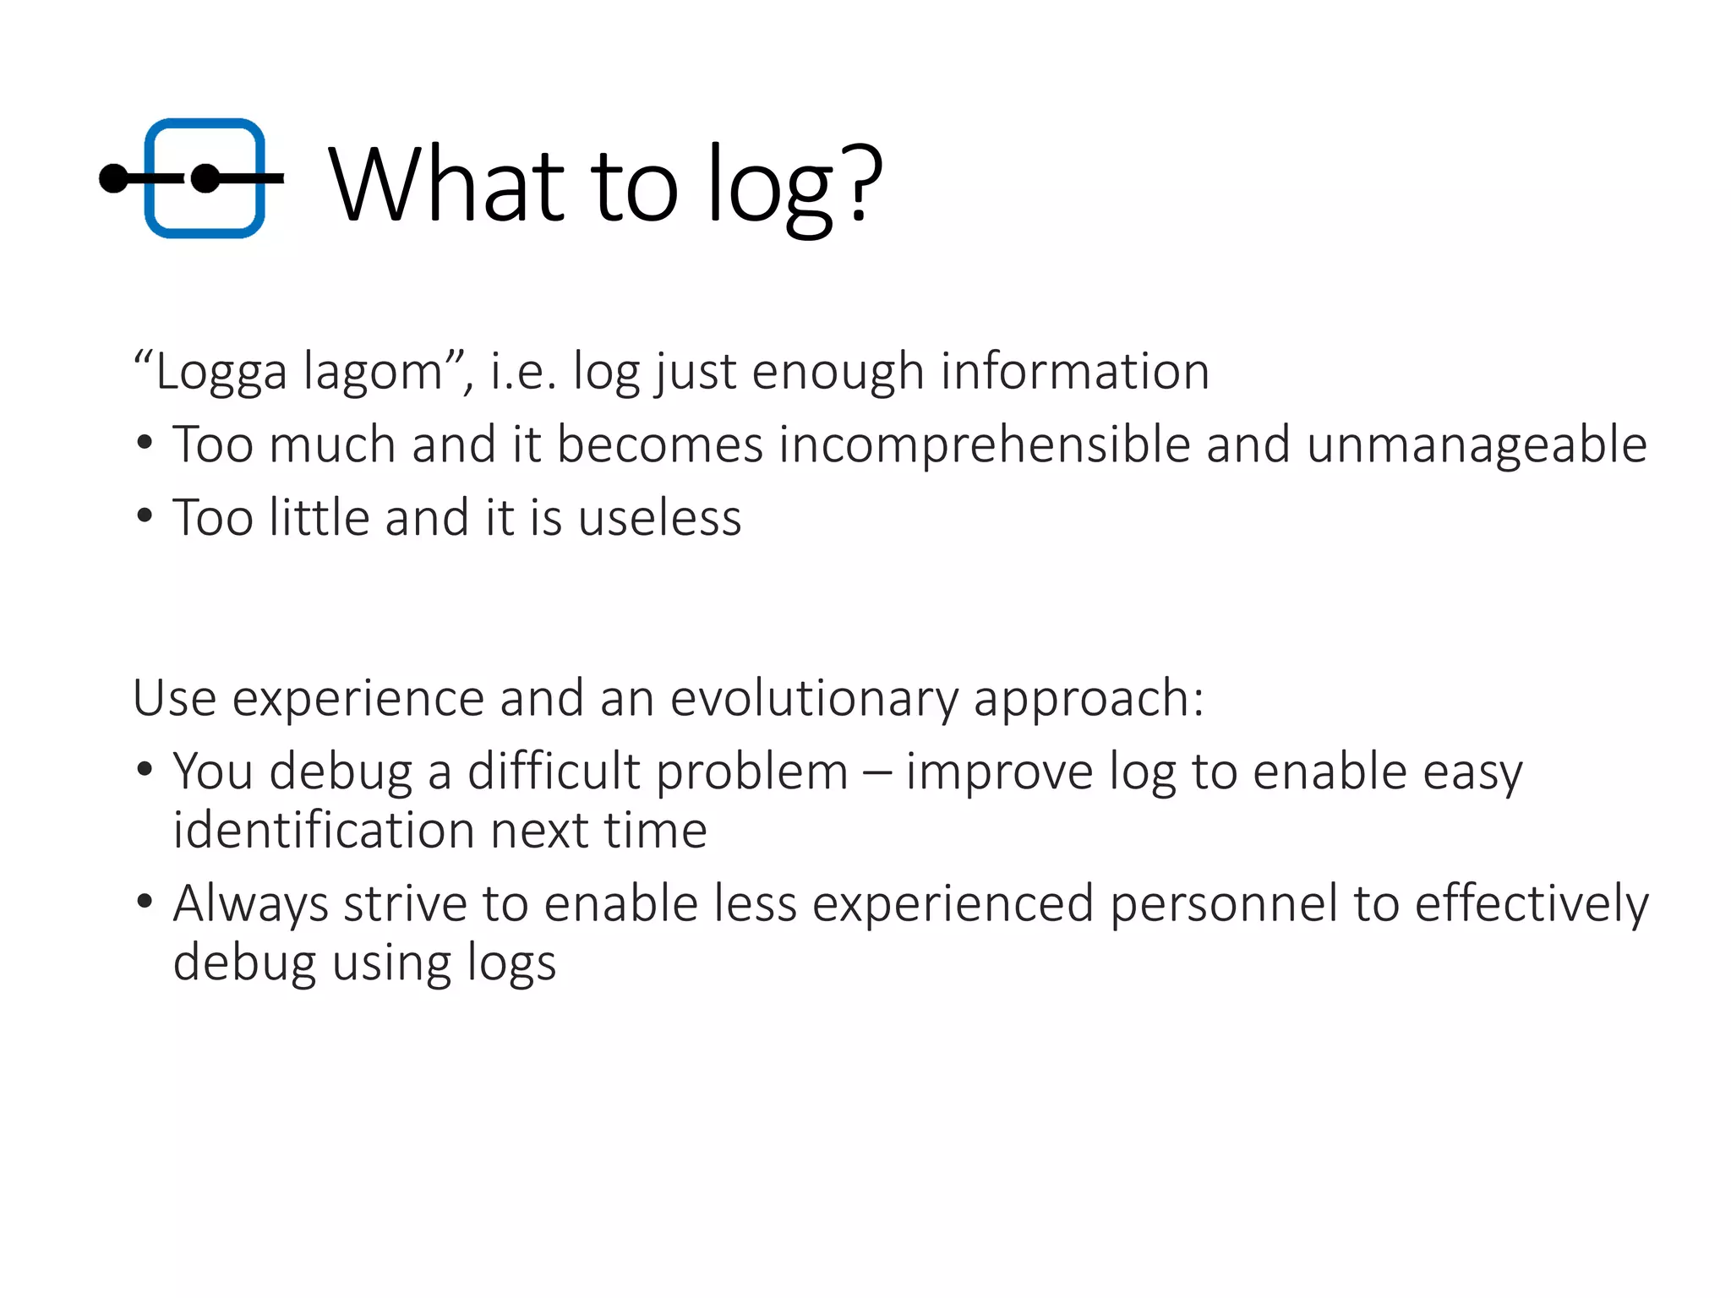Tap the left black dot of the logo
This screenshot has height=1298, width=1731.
[113, 178]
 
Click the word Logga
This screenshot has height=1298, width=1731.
[221, 372]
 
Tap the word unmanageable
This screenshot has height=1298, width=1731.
[1477, 444]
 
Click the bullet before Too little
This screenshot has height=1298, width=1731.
[145, 515]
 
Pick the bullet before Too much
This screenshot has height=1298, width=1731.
[145, 442]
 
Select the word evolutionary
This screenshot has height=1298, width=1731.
[813, 698]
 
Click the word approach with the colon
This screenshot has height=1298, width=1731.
[1088, 700]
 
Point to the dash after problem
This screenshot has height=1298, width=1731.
[876, 772]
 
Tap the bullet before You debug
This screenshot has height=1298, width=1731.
[145, 769]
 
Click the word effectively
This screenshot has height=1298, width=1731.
[1531, 903]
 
